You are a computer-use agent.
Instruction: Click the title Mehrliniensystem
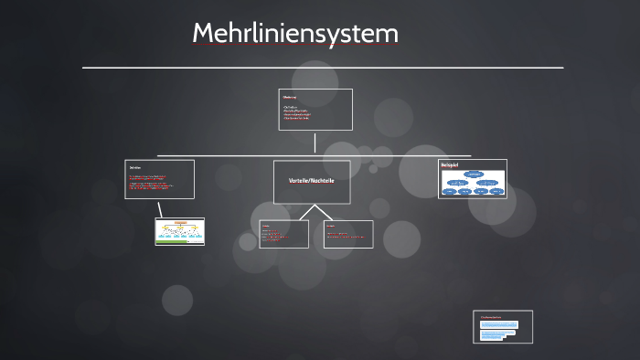click(295, 34)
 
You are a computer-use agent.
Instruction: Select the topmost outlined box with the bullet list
click(315, 109)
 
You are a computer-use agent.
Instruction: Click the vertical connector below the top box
click(315, 143)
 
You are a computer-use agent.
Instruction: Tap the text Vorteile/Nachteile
click(311, 181)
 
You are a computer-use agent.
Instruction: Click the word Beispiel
click(449, 164)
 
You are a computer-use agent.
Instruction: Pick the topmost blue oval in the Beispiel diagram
click(474, 173)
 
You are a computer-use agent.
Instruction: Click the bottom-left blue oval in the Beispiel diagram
click(451, 191)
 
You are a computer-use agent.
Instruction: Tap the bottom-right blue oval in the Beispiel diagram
click(496, 191)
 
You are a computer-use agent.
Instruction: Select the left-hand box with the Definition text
click(160, 179)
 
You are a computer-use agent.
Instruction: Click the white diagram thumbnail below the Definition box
click(180, 231)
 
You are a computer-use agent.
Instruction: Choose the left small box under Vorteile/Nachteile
click(283, 234)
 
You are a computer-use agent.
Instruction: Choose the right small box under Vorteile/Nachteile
click(348, 234)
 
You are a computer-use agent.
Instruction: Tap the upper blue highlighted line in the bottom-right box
click(498, 324)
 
